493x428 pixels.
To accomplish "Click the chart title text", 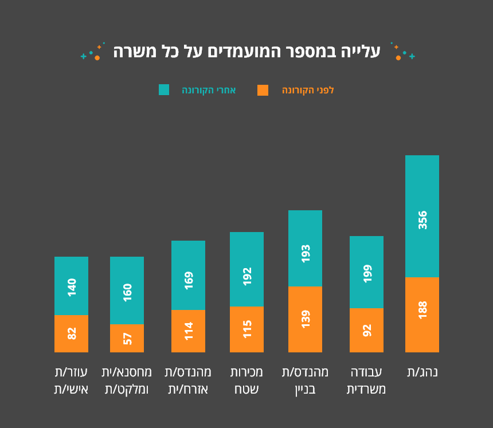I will pos(246,52).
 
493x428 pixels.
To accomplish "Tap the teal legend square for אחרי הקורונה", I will pos(164,90).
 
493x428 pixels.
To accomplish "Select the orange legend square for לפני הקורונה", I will pos(263,90).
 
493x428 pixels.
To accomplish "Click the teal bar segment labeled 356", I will pos(422,216).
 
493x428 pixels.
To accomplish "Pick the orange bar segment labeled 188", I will pos(422,315).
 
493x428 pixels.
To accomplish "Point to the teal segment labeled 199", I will pos(366,272).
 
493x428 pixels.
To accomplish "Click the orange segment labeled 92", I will pos(366,330).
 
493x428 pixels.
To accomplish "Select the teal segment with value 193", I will pos(305,248).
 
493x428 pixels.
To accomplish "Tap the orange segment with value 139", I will pos(305,319).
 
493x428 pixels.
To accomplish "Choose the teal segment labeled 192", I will pos(246,269).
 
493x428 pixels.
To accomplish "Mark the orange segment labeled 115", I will pos(246,329).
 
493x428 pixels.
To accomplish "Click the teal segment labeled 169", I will pos(188,275).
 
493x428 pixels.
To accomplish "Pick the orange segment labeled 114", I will pos(188,331).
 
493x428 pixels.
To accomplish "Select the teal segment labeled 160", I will pos(127,290).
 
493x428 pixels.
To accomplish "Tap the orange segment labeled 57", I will pos(127,338).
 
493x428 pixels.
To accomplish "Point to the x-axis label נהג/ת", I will pos(422,372).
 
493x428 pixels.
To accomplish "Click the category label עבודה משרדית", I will pos(366,380).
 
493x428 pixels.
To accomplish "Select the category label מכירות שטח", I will pos(246,380).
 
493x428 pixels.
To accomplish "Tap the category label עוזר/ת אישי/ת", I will pos(71,380).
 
